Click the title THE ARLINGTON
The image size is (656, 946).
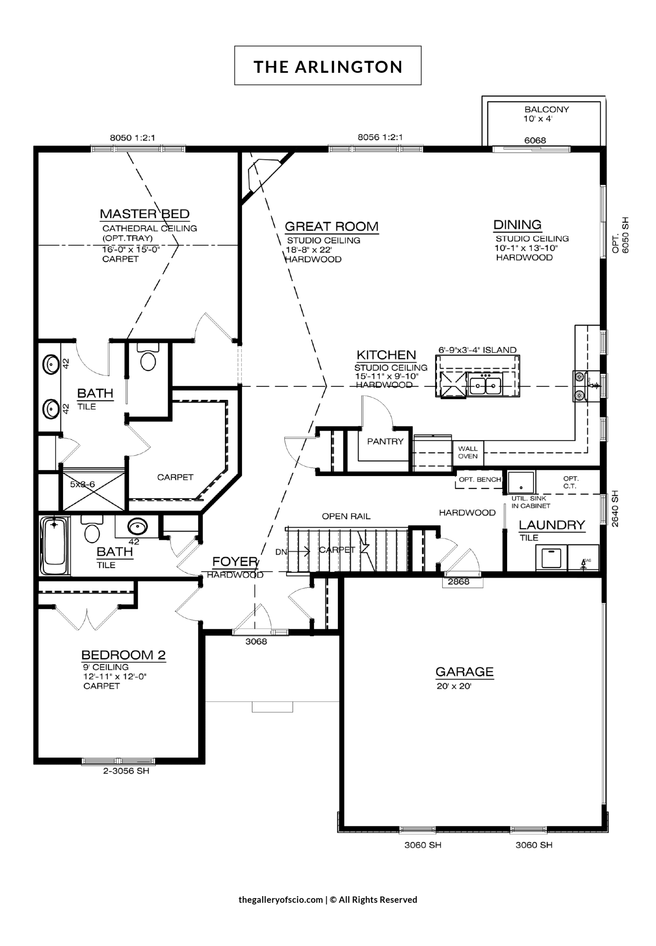tap(328, 67)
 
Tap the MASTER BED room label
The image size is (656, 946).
tap(145, 214)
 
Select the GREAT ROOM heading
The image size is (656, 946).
tap(332, 227)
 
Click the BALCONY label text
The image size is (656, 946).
tap(547, 109)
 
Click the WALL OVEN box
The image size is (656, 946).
tap(468, 452)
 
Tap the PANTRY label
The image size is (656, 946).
tap(385, 442)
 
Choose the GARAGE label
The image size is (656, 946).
tap(464, 672)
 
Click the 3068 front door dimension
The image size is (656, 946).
tap(256, 642)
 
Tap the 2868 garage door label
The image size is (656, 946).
tap(459, 581)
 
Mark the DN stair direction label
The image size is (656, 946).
tap(281, 552)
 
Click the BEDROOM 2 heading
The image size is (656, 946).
tap(123, 655)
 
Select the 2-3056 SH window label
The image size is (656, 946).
tap(126, 771)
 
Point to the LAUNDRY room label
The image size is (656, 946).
tap(551, 525)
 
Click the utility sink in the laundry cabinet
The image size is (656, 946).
tap(521, 482)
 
